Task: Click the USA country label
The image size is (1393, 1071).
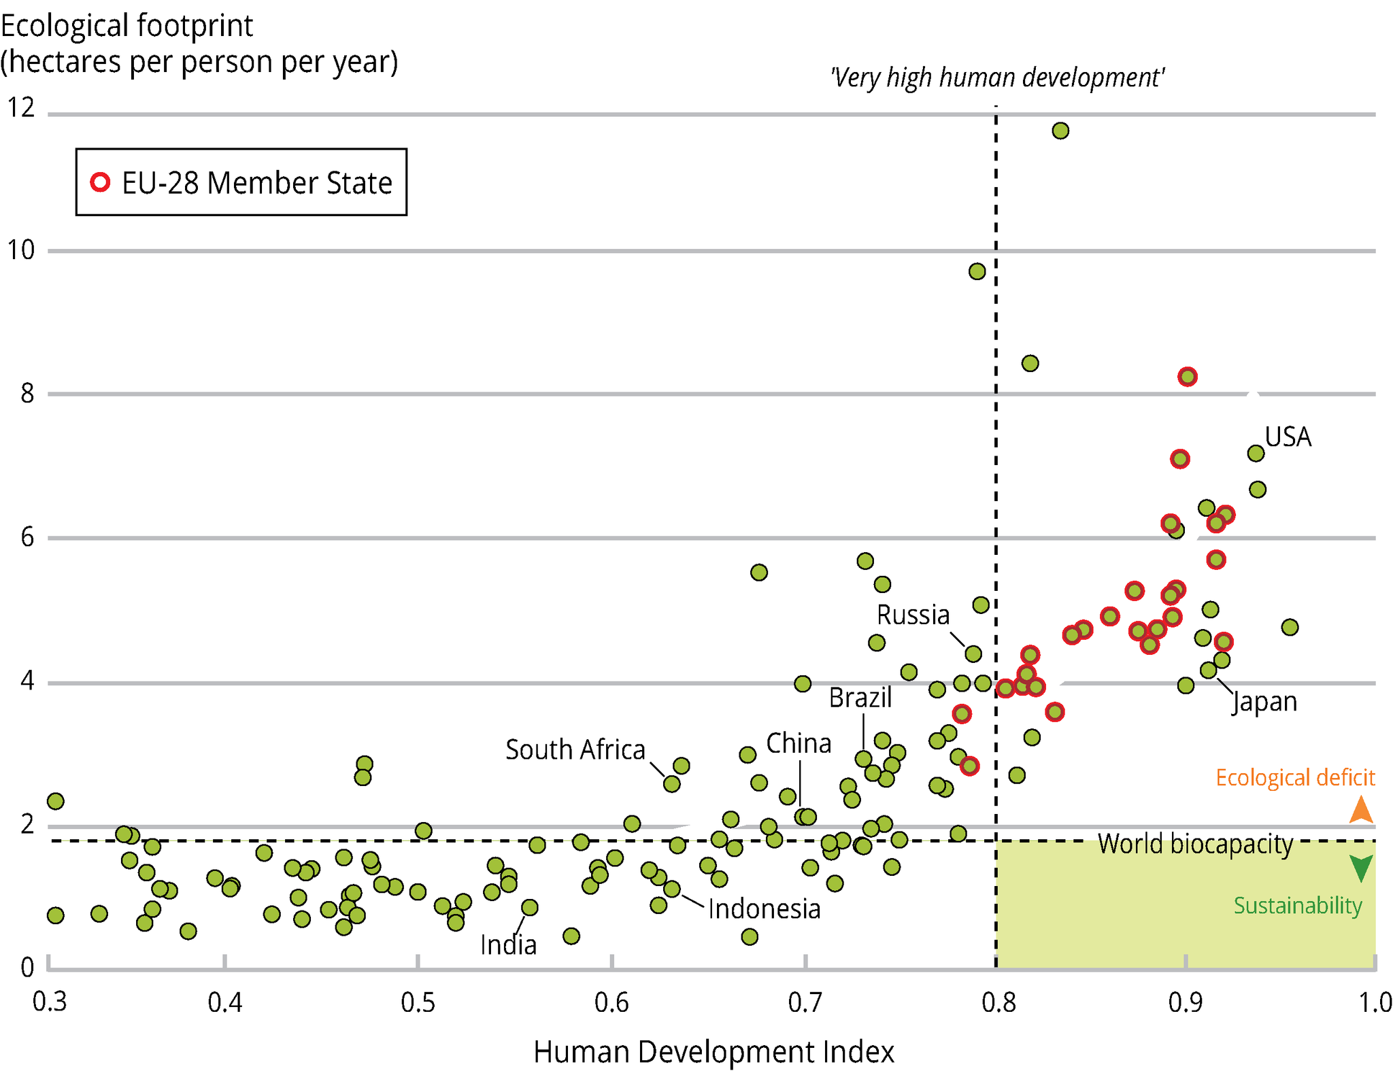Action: (1288, 437)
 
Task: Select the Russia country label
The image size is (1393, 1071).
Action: (913, 615)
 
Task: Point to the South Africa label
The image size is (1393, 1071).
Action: (575, 749)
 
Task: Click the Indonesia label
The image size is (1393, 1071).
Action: (764, 909)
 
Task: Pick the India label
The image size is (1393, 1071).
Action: (508, 945)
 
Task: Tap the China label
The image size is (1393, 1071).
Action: (799, 743)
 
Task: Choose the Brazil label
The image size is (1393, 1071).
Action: (860, 698)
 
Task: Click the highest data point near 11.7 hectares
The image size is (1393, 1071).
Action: (1060, 131)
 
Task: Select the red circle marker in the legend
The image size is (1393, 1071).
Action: (100, 182)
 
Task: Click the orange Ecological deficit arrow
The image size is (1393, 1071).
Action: (1361, 809)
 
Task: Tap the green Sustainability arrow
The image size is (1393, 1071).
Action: (1361, 868)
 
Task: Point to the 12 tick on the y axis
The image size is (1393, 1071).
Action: (20, 107)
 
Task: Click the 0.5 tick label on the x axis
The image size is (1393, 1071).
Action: (418, 1002)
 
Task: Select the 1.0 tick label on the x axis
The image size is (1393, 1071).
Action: (1375, 1002)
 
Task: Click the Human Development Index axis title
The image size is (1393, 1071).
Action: (714, 1051)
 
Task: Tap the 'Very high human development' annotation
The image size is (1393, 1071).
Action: (997, 78)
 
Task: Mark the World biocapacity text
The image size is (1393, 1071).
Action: (1195, 844)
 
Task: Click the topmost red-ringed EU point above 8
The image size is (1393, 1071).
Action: (1188, 377)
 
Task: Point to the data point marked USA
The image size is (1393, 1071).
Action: (1256, 453)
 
